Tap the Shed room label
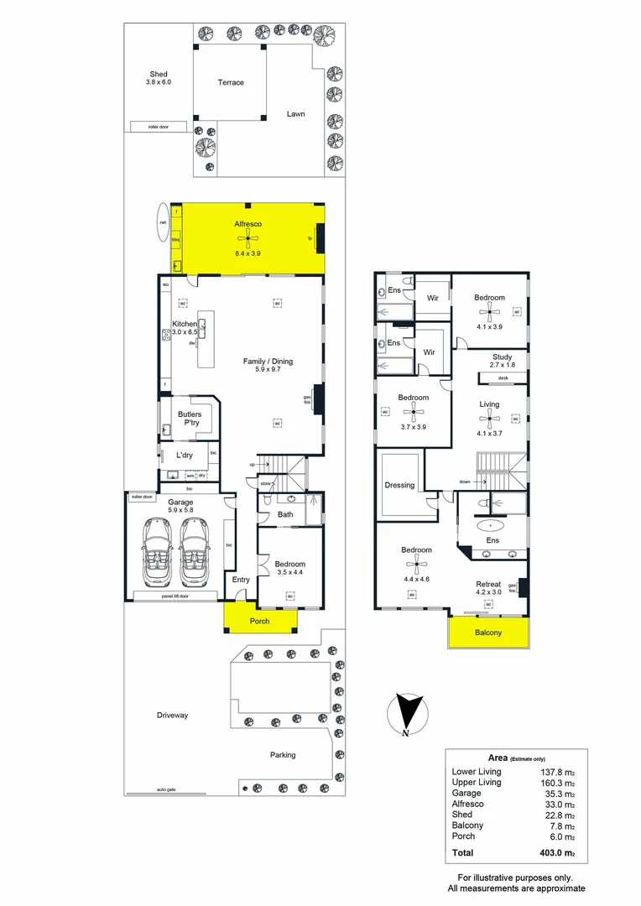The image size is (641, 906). (159, 74)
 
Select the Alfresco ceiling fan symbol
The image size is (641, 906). (248, 237)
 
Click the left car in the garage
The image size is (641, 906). (155, 549)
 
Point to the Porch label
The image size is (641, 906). (259, 622)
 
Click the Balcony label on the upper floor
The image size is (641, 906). (488, 633)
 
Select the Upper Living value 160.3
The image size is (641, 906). (557, 782)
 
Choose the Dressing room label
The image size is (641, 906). (399, 485)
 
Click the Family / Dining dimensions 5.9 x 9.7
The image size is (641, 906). (268, 371)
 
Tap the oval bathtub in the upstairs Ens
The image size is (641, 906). (490, 526)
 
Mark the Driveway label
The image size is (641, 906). (172, 716)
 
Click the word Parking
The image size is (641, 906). (283, 755)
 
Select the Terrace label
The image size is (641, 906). (231, 82)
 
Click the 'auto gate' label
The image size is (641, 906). (165, 790)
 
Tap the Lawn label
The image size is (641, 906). (295, 114)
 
